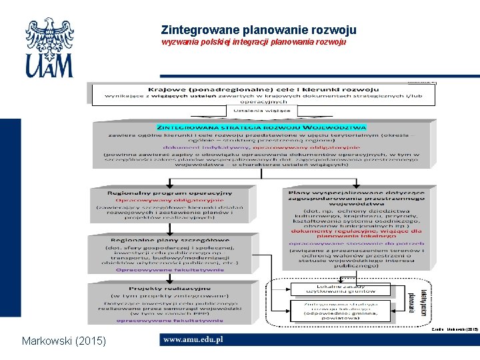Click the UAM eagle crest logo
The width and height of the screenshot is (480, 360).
coord(49,47)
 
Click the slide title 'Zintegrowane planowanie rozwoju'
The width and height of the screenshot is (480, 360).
coord(259,30)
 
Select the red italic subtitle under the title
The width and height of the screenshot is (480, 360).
coord(254,42)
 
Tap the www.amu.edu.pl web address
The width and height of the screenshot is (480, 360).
coord(193,339)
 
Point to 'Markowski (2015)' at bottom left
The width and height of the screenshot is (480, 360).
coord(63,341)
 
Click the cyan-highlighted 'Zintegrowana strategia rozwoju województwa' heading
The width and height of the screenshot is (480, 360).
coord(261,126)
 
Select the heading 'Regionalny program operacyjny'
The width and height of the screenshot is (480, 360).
coord(170,193)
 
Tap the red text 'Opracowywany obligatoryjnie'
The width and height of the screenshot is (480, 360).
coord(170,200)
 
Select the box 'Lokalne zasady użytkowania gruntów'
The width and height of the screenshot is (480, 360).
coord(331,288)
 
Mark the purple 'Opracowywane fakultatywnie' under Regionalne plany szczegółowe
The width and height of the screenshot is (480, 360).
coord(170,270)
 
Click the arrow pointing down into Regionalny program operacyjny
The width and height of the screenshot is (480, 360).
coord(170,181)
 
